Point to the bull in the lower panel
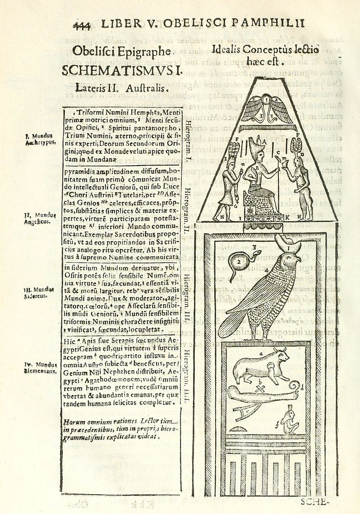point(263,363)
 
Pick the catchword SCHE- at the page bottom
point(316,501)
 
